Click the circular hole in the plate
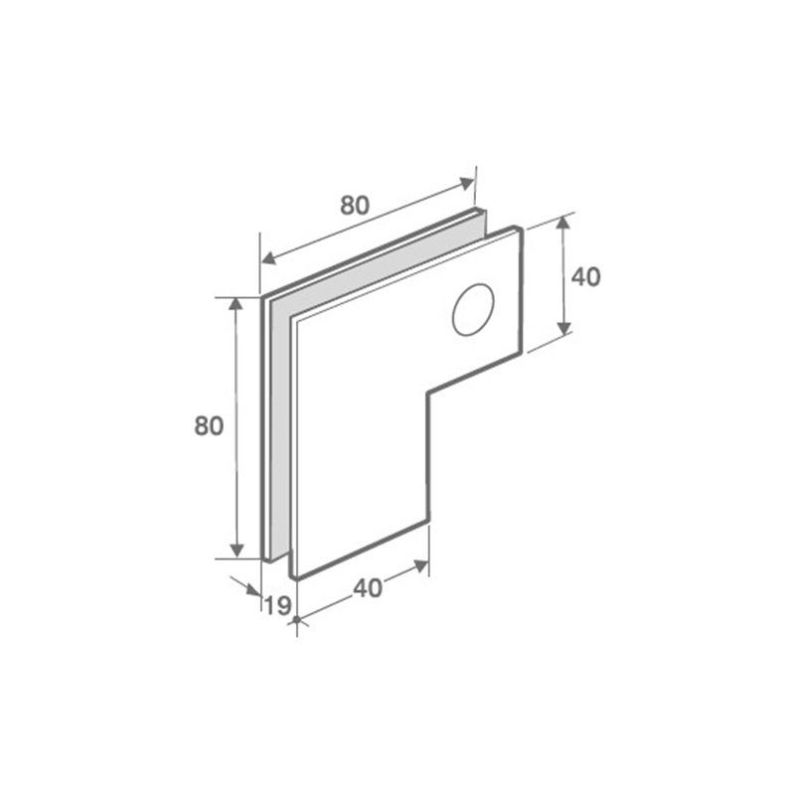click(x=473, y=309)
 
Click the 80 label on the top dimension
click(x=355, y=206)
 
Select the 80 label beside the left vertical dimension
click(x=209, y=426)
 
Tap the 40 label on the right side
click(x=585, y=277)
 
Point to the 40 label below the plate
click(x=368, y=588)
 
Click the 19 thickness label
click(x=278, y=605)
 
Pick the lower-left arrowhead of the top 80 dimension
click(x=268, y=258)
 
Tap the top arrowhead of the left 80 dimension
click(x=236, y=305)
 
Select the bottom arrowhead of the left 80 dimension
click(x=237, y=551)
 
